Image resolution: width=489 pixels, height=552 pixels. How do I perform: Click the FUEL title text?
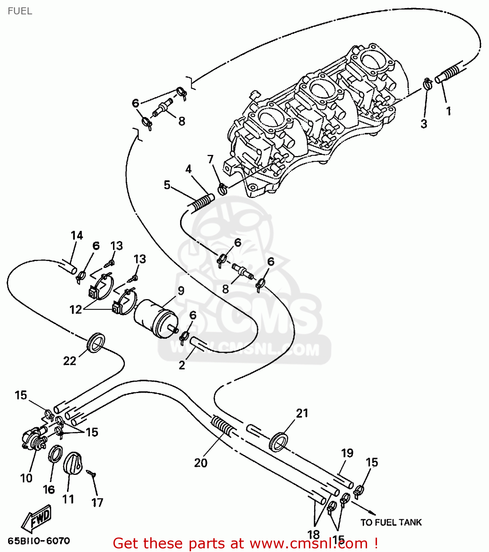(20, 11)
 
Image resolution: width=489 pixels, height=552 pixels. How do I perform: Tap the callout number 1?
(448, 110)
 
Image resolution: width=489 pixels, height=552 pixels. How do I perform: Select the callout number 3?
(424, 124)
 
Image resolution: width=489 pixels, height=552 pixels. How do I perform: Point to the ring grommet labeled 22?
(96, 342)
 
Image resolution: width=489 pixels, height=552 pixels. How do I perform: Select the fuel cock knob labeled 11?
(73, 465)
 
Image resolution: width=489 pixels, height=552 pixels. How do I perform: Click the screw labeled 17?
(91, 474)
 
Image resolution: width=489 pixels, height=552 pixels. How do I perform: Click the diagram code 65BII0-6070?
(39, 541)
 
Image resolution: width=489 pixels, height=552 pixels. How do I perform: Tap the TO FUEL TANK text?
(391, 522)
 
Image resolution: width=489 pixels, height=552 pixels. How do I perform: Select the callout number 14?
(77, 236)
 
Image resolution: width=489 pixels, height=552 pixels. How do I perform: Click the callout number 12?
(76, 309)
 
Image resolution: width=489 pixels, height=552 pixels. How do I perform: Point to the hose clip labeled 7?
(222, 189)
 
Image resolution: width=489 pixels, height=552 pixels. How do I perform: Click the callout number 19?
(347, 453)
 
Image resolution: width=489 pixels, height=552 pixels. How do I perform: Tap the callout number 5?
(167, 185)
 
